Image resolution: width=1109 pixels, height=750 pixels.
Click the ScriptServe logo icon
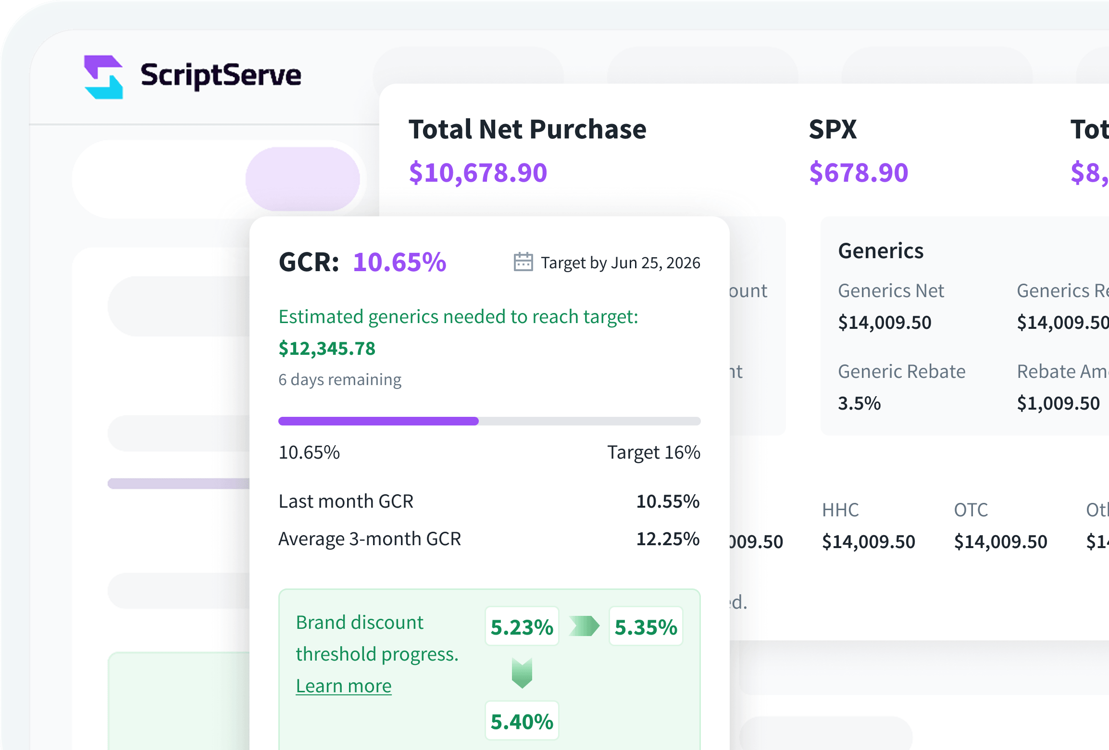tap(104, 77)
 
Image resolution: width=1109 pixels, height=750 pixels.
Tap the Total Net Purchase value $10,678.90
tap(478, 173)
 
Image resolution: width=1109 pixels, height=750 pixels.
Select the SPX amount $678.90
tap(859, 173)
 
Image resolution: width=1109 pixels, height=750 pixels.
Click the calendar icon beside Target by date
tap(523, 262)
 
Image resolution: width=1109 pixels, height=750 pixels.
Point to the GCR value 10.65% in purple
tap(399, 262)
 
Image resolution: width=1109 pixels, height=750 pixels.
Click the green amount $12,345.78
tap(327, 349)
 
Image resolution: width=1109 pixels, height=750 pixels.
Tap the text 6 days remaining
tap(340, 380)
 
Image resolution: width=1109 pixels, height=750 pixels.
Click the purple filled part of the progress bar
tap(378, 421)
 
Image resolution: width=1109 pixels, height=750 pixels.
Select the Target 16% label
tap(653, 452)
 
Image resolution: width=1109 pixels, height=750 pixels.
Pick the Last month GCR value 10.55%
tap(668, 501)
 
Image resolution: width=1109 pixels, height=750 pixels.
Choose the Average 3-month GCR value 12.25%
tap(668, 539)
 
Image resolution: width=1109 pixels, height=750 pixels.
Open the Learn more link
tap(344, 686)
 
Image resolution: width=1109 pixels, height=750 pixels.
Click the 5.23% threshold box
tap(522, 627)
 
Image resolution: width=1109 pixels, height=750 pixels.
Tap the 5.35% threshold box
tap(646, 627)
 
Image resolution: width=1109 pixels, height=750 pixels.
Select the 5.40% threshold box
tap(522, 721)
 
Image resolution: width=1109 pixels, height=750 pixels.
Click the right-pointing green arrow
tap(584, 626)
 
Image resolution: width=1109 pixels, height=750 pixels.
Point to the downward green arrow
tap(522, 673)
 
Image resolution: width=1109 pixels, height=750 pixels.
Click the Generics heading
tap(881, 251)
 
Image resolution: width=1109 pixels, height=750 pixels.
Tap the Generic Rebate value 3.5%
tap(859, 403)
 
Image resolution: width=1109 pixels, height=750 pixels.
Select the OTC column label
tap(971, 510)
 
